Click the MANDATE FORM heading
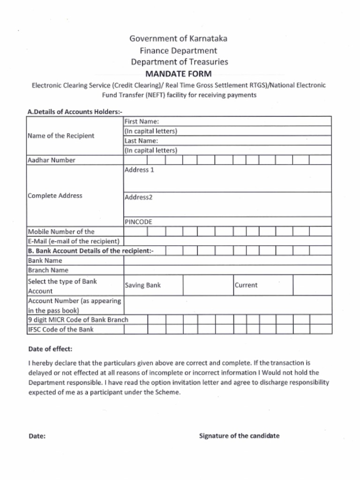point(178,74)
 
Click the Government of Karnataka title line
point(178,38)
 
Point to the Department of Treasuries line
point(180,62)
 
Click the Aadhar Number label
point(52,160)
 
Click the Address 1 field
point(227,179)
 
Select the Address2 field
point(227,204)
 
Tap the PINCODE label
point(138,222)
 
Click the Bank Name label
point(45,261)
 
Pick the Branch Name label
point(48,270)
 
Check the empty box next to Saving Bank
point(208,285)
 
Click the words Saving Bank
point(142,285)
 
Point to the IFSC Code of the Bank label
point(60,329)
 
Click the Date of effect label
point(50,349)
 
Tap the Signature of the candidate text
point(239,435)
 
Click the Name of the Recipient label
point(61,135)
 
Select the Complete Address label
point(55,195)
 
